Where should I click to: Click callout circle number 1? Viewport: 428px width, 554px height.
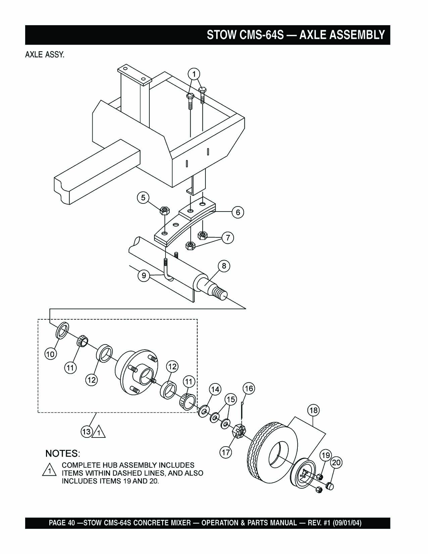pos(194,74)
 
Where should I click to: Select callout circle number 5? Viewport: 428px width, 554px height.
pos(143,198)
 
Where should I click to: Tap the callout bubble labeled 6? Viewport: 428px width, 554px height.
pos(238,212)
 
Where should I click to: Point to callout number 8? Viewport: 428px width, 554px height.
pos(224,266)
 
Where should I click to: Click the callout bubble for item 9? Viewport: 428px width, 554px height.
pos(144,276)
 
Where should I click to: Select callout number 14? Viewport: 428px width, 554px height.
pos(215,389)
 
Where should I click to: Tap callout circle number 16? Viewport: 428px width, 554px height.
pos(249,389)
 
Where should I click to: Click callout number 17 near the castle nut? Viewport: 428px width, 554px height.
pos(226,452)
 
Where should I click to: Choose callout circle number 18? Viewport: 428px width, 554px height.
pos(314,410)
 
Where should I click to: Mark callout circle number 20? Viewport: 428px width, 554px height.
pos(336,463)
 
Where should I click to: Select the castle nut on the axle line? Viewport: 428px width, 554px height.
pos(239,431)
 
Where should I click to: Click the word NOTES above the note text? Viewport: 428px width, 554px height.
pos(62,453)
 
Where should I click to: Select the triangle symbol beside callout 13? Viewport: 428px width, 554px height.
pos(99,432)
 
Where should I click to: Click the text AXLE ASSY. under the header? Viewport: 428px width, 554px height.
pos(45,55)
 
